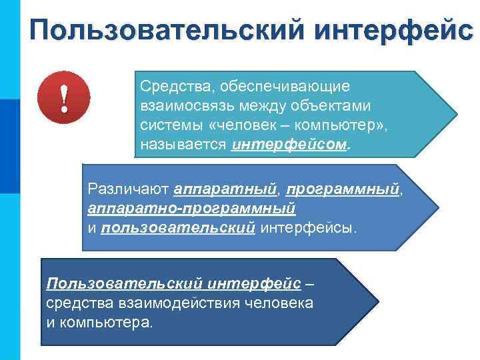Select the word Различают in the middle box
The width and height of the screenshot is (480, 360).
pyautogui.click(x=128, y=190)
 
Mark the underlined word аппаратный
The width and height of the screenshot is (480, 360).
pyautogui.click(x=225, y=190)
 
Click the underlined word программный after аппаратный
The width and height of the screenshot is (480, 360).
pyautogui.click(x=343, y=190)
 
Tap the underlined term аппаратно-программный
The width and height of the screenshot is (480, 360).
pyautogui.click(x=191, y=209)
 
